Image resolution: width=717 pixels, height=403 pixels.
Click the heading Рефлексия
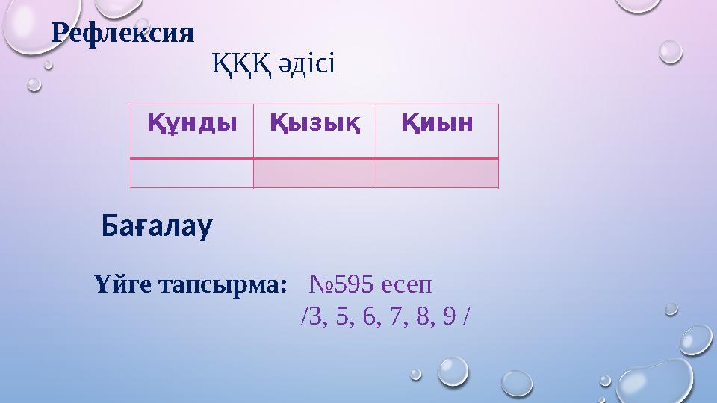pos(122,33)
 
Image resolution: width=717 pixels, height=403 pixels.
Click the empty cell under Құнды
pos(192,173)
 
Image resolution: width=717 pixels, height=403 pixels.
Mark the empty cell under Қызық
pos(314,173)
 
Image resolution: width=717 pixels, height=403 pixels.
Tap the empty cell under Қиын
pos(437,173)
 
